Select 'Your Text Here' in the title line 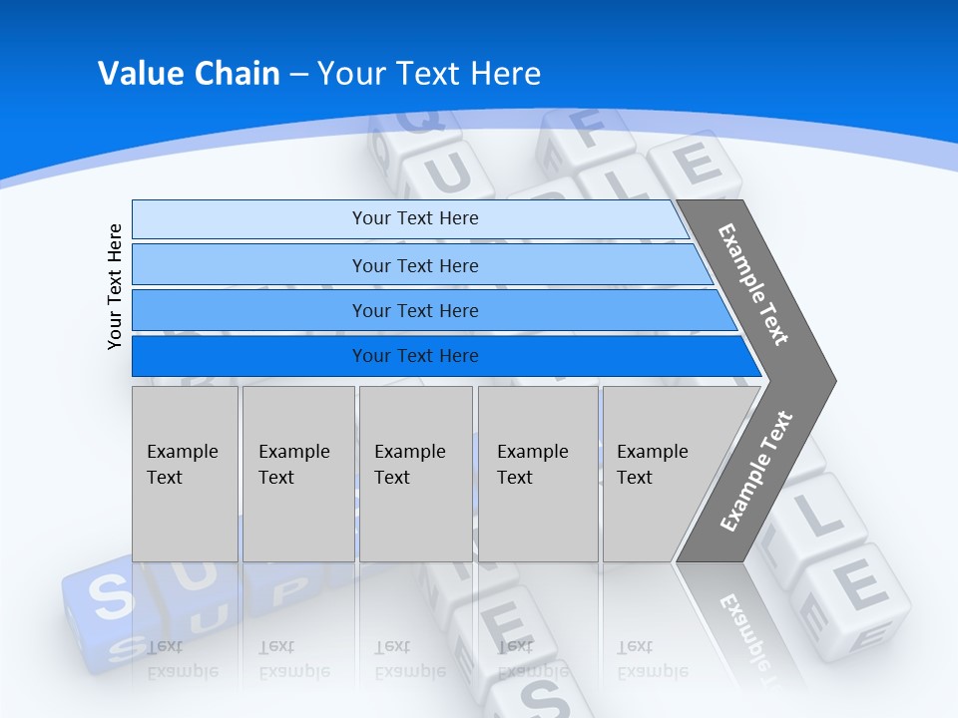[x=429, y=74]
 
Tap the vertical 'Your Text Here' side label [x=115, y=286]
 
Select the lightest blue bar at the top [x=414, y=218]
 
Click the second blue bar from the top [x=414, y=265]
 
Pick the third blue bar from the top [x=414, y=310]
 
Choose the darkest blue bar [x=414, y=356]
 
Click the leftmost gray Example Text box [x=185, y=474]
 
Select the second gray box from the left [x=298, y=474]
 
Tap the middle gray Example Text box [x=415, y=474]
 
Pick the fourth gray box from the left [x=538, y=474]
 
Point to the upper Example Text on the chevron [x=753, y=284]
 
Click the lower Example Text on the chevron [x=756, y=472]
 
